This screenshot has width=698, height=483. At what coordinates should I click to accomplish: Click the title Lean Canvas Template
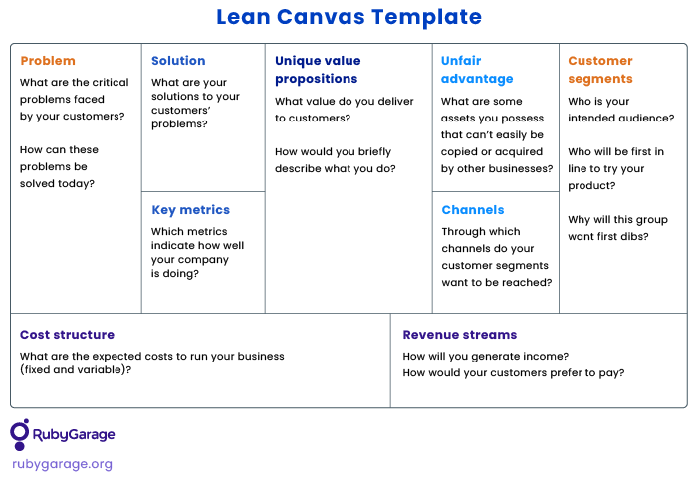point(349,17)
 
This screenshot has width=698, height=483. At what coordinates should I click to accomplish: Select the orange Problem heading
point(48,61)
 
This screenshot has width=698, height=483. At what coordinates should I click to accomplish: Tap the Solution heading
point(178,61)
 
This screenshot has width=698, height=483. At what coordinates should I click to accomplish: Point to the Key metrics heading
point(190,210)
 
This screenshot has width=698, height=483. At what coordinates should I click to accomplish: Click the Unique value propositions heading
point(318,70)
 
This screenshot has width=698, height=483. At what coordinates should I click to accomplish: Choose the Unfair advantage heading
point(477,70)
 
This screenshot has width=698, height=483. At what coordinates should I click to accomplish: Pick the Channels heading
point(473,210)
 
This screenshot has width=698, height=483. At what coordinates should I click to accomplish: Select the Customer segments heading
point(600,70)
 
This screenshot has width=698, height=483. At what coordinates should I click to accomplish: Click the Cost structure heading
point(68,335)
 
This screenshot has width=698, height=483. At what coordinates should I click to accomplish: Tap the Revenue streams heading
point(460,335)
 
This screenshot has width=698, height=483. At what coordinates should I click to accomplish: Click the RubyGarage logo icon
point(20,434)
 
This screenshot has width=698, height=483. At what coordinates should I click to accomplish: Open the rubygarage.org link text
point(63,464)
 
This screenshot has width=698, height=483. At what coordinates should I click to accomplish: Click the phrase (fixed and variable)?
point(76,369)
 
